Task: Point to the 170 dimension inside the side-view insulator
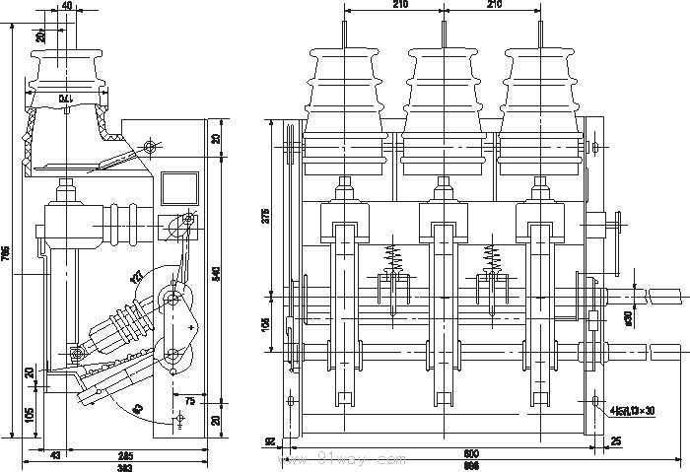point(63,99)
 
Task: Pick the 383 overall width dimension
point(125,466)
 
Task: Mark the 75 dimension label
point(188,401)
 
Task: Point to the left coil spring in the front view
point(392,258)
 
